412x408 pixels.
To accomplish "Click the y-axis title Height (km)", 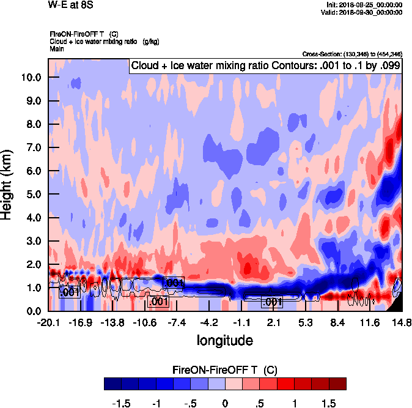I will click(x=7, y=184).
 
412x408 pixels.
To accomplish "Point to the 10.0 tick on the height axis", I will click(x=31, y=78).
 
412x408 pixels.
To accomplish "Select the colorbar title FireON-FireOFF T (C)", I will click(x=226, y=370).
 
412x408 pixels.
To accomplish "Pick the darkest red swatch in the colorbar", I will click(x=337, y=384).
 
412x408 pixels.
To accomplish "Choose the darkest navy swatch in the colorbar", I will click(x=112, y=384).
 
